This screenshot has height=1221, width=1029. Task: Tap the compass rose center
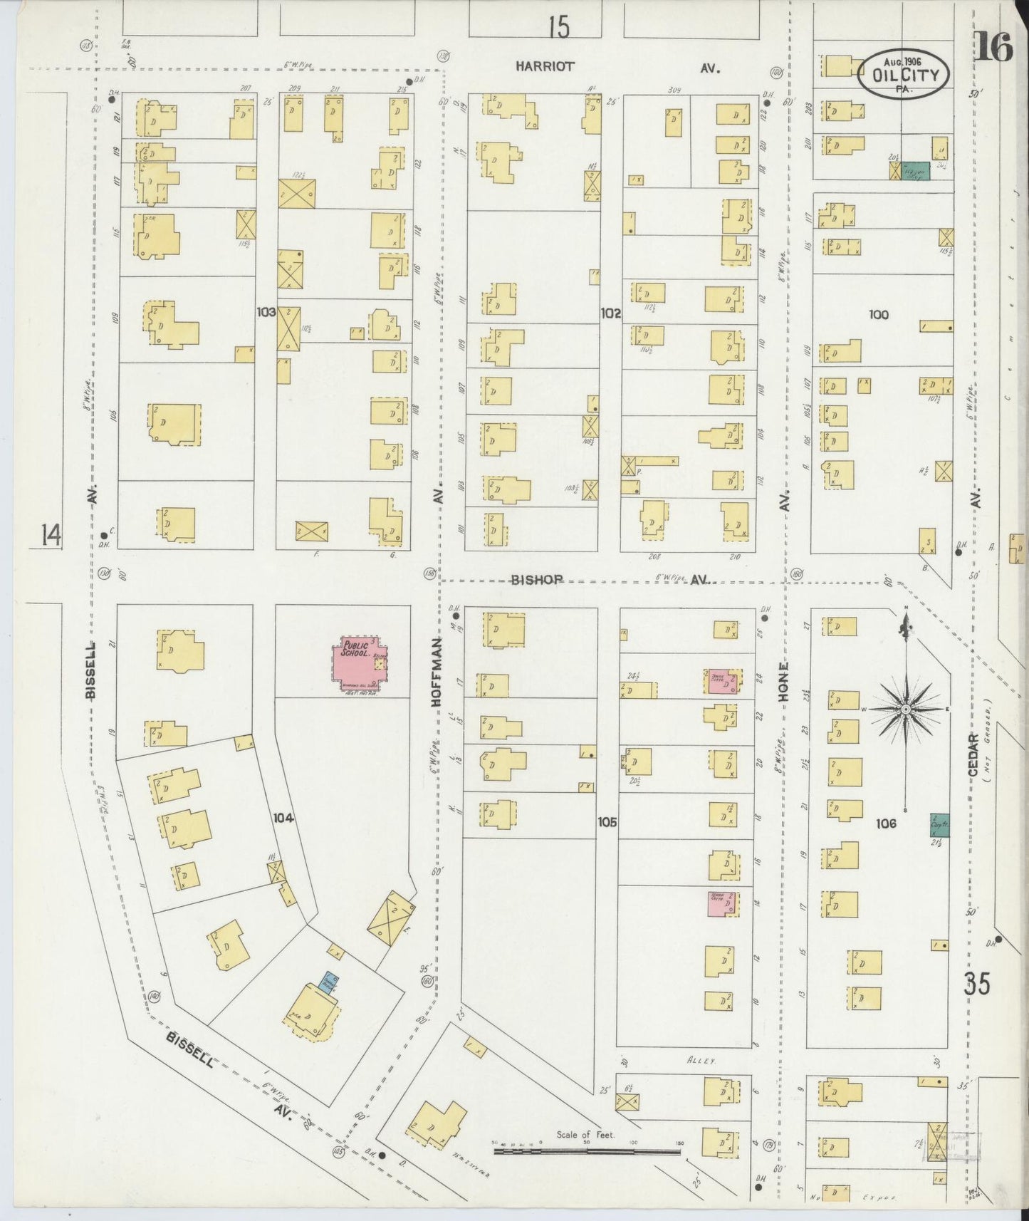(905, 710)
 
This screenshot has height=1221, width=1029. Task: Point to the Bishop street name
(537, 580)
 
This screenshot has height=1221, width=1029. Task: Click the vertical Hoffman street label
(436, 672)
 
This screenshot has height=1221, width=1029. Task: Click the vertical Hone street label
(783, 682)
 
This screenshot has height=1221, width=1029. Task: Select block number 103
(266, 311)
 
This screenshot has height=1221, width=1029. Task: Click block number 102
(610, 313)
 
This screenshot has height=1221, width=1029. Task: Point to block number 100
(879, 314)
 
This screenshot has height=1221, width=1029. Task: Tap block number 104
(283, 819)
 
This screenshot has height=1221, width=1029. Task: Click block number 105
(607, 821)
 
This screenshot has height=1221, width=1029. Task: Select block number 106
(886, 823)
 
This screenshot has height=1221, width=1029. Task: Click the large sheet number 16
(993, 48)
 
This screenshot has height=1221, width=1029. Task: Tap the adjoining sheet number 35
(976, 986)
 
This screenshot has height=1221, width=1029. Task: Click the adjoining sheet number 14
(50, 534)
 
